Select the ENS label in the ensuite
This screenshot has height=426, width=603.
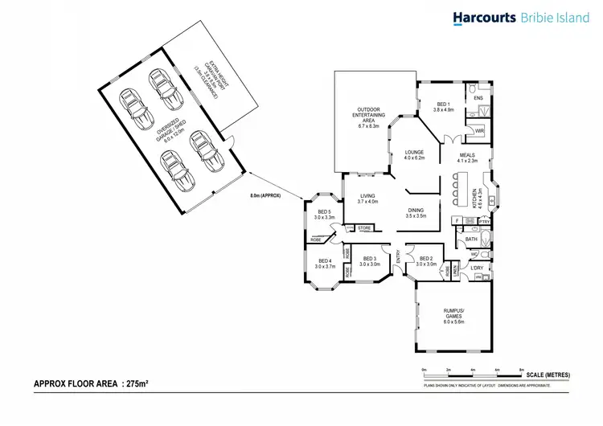click(x=478, y=98)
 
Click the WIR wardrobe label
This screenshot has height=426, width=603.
click(x=478, y=130)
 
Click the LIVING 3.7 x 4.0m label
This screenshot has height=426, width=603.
click(x=367, y=197)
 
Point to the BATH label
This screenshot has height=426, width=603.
click(x=471, y=239)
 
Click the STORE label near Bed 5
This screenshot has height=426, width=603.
click(x=364, y=228)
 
